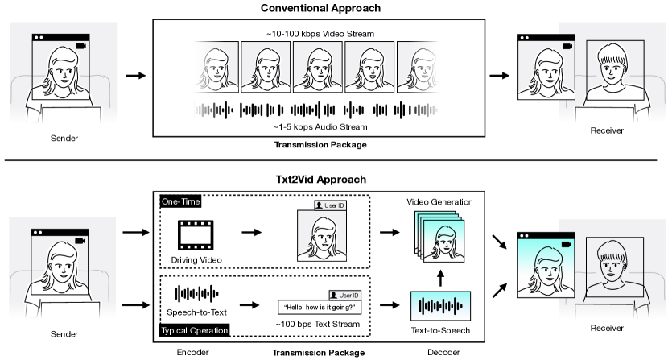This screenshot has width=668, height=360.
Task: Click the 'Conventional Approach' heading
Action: tap(320, 8)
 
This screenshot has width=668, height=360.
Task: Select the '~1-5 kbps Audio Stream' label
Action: tap(320, 126)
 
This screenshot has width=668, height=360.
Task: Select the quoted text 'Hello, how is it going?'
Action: tap(320, 306)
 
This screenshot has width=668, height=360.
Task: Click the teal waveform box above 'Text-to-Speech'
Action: tap(441, 307)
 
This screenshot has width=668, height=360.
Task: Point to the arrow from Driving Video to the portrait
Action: tap(252, 233)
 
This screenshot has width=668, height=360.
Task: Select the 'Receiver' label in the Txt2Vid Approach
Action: tap(608, 329)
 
